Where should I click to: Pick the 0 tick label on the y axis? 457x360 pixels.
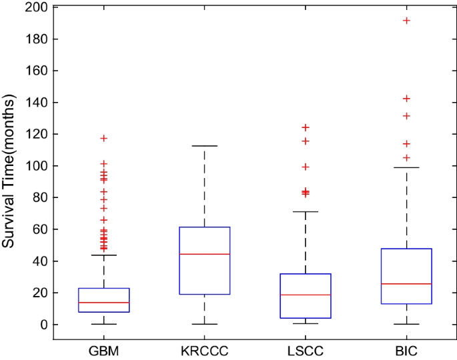coord(43,325)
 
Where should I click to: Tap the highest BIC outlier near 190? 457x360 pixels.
coord(406,21)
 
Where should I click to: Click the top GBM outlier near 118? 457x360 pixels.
coord(103,138)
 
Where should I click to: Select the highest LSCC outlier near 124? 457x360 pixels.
coord(305,127)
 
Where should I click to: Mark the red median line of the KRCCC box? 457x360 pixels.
coord(204,254)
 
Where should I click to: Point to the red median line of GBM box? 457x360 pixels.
coord(103,303)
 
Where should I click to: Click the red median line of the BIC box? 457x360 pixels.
coord(406,284)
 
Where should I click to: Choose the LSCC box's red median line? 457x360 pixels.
coord(305,295)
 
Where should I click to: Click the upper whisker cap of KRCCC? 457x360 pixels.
coord(204,146)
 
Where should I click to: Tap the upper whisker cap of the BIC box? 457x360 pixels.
coord(406,167)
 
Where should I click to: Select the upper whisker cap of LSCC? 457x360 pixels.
coord(305,211)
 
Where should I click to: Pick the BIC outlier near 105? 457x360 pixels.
coord(406,158)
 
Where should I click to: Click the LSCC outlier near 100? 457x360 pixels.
coord(305,167)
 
